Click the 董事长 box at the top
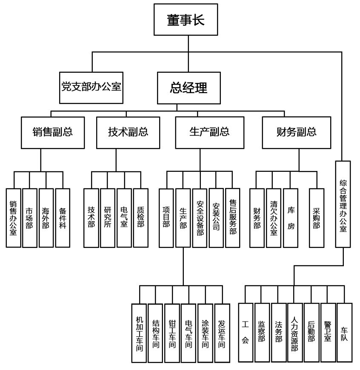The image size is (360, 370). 186,20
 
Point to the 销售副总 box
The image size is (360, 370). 52,132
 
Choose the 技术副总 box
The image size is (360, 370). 128,132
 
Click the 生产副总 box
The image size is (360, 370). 209,132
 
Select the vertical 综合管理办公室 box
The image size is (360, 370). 343,204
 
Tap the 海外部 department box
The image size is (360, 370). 46,218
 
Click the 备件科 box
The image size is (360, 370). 63,218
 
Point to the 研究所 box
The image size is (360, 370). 108,218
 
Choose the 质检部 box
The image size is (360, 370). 140,218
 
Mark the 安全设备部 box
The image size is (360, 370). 200,218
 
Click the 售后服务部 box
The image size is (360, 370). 233,218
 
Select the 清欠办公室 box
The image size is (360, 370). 273,218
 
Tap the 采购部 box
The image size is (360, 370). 316,218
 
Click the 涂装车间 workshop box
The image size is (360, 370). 205,333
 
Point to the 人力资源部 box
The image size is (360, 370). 294,333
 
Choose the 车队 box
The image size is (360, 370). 344,333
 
